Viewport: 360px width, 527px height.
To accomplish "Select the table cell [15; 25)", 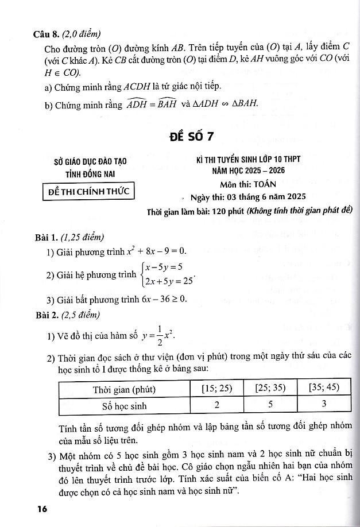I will tap(216, 389).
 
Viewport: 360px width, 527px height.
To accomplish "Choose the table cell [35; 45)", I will tap(323, 389).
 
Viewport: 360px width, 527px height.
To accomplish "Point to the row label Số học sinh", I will tap(125, 406).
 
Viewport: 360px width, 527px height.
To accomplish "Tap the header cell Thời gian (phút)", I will tap(125, 389).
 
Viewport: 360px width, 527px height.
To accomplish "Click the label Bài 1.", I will tap(47, 237).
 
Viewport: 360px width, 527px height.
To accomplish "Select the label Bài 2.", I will tap(47, 314).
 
